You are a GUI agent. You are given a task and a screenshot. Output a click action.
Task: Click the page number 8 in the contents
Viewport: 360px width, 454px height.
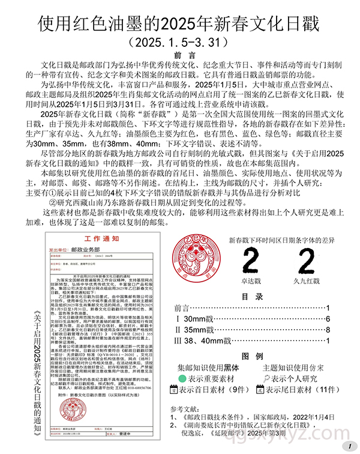[x=328, y=330]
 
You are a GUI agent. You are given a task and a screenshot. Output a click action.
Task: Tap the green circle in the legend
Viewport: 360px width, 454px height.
[x=182, y=379]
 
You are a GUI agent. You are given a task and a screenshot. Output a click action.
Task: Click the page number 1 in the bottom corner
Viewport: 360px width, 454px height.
[x=348, y=447]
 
